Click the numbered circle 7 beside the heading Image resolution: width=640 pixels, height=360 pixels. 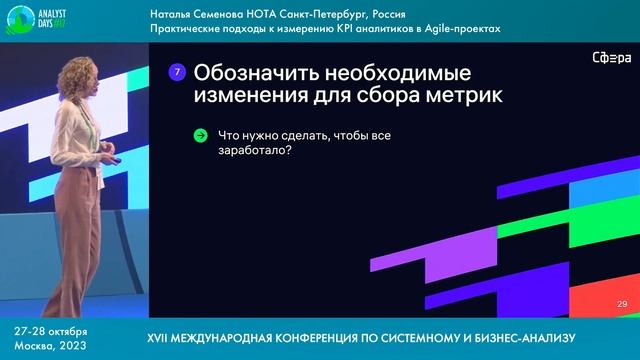tap(177, 72)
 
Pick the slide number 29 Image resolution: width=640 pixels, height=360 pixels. tap(621, 304)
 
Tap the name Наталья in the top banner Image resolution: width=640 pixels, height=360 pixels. tap(176, 15)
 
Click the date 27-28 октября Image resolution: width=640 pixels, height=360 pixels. tap(50, 330)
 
